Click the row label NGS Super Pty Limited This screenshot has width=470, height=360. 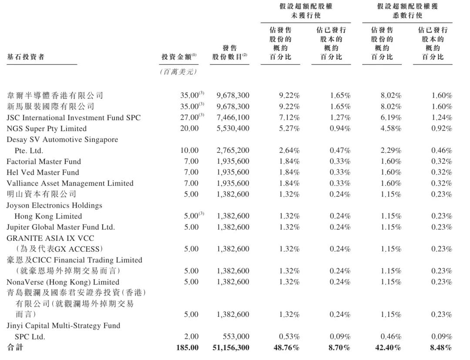click(x=47, y=128)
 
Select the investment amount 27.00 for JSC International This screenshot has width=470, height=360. click(x=190, y=118)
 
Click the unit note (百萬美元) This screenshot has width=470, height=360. click(x=179, y=72)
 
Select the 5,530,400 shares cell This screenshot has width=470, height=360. click(x=233, y=128)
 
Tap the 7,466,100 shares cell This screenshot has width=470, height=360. click(x=233, y=118)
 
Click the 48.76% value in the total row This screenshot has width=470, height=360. click(x=286, y=347)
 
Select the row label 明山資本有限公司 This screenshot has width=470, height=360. click(x=41, y=194)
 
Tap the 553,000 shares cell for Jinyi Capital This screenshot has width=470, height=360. click(x=237, y=336)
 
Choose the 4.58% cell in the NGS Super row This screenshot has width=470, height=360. click(x=390, y=128)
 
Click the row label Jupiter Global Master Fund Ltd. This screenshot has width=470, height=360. click(x=60, y=227)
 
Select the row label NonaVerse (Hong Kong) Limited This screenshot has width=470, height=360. click(x=63, y=282)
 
